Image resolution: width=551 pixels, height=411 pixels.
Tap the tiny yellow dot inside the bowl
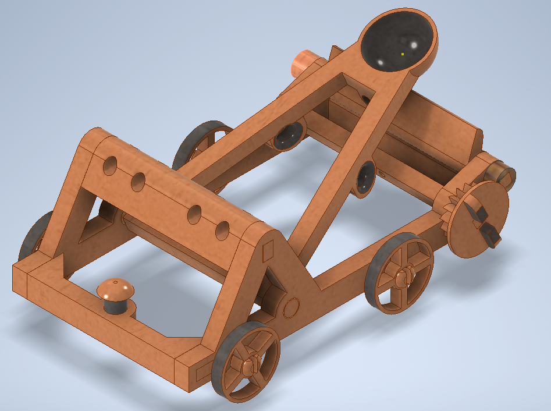pos(402,54)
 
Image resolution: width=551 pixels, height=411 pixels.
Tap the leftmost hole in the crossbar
pos(109,165)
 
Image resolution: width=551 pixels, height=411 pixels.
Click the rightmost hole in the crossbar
pos(223,231)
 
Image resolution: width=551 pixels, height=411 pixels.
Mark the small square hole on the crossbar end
pos(268,251)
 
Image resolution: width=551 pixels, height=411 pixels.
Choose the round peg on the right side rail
pos(291,307)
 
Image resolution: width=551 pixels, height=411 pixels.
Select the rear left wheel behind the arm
pos(201,143)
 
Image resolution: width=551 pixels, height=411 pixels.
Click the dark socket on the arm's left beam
pos(287,136)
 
